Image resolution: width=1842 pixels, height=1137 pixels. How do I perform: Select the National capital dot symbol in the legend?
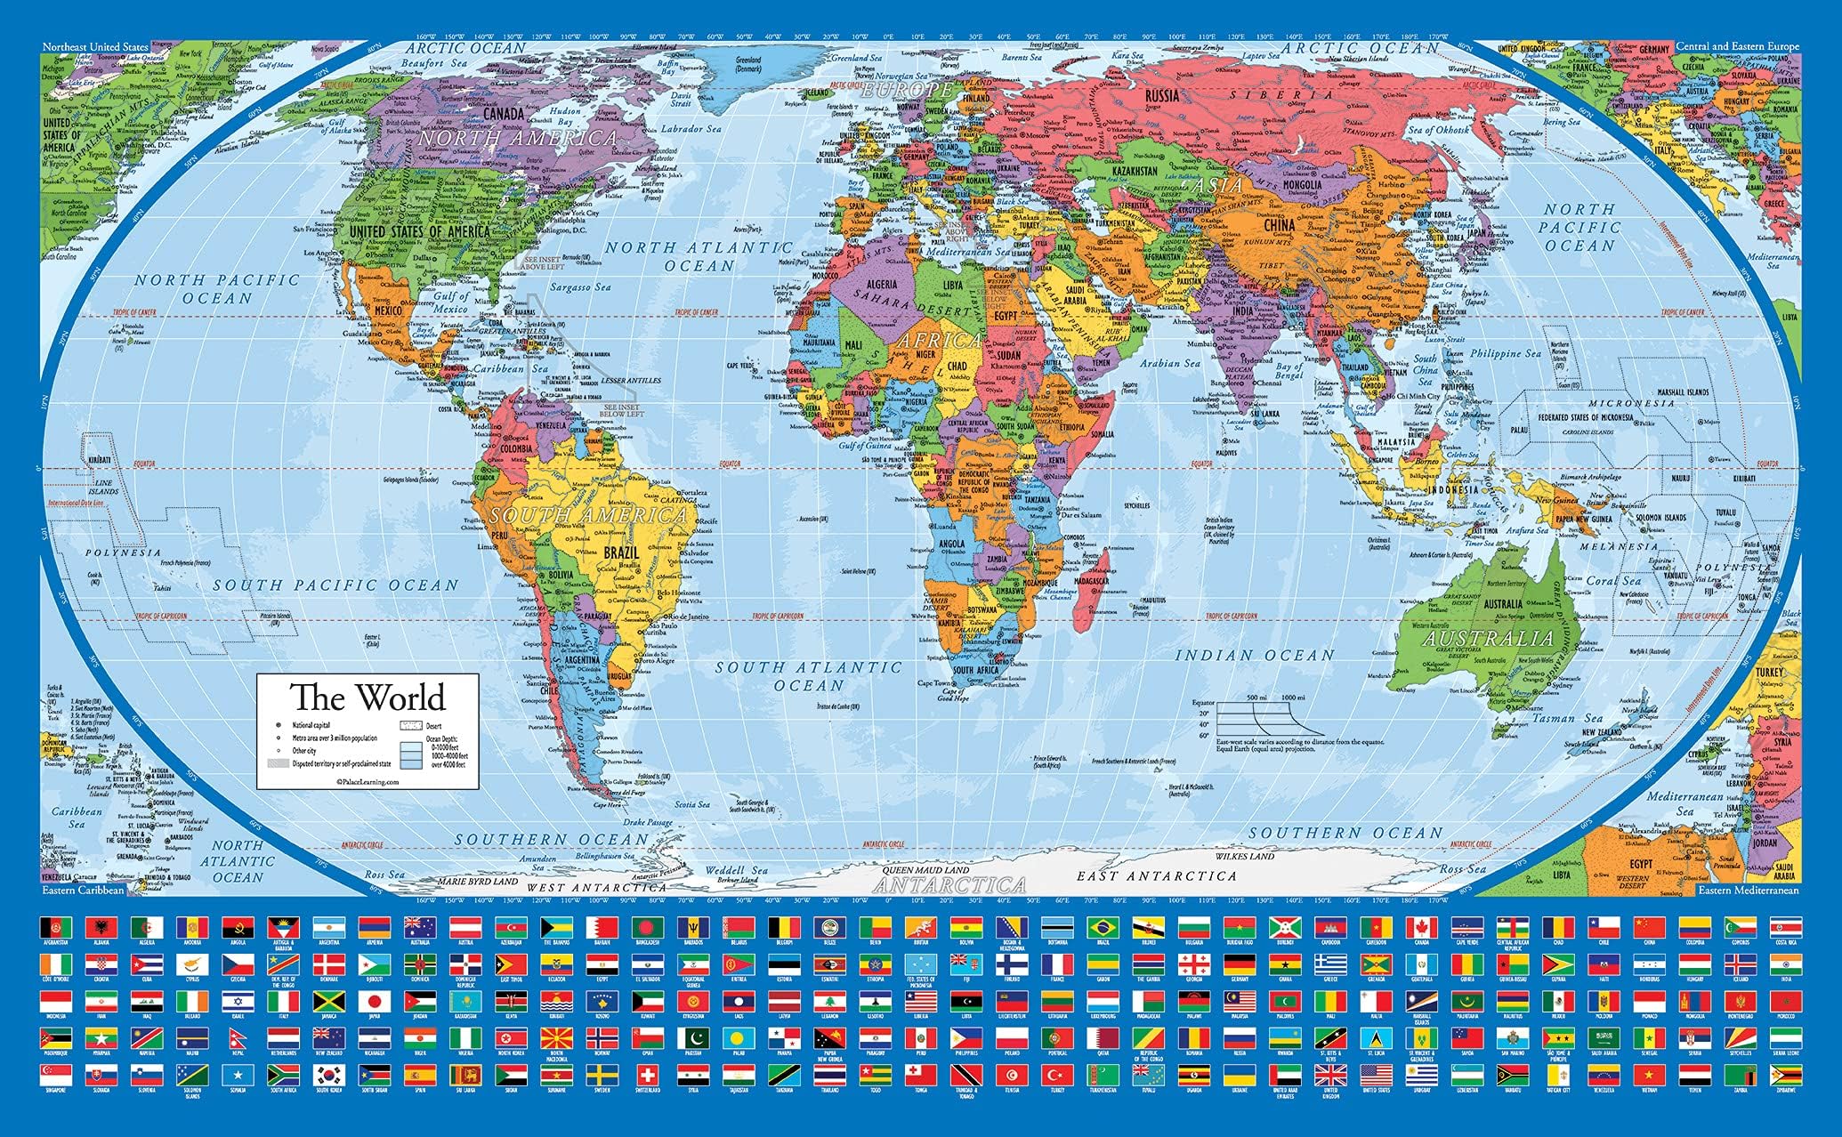point(279,726)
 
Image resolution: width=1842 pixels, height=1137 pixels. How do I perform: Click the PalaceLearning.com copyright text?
point(368,779)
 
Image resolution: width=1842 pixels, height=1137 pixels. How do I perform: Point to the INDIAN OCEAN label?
point(1255,656)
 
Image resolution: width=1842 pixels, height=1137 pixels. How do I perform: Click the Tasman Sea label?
point(1578,718)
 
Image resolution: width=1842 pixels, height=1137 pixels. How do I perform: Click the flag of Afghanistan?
point(54,926)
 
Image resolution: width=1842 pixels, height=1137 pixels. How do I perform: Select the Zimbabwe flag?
point(1784,1075)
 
